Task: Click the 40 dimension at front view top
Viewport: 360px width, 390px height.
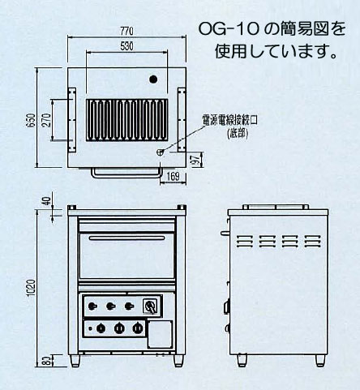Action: pos(49,204)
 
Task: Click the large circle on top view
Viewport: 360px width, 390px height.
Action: pos(152,80)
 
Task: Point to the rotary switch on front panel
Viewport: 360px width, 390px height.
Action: pos(149,306)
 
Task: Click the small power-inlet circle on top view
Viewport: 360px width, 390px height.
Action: pos(159,151)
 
